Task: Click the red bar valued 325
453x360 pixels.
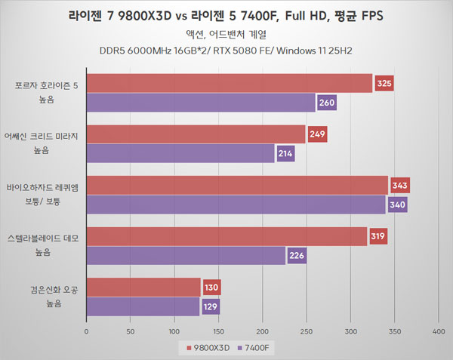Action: pyautogui.click(x=230, y=83)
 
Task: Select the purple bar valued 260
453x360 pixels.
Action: pyautogui.click(x=201, y=102)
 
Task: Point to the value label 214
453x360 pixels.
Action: pyautogui.click(x=285, y=153)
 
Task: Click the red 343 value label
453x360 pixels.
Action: pyautogui.click(x=399, y=186)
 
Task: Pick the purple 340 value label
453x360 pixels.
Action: pyautogui.click(x=397, y=205)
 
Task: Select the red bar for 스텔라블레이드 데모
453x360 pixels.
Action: pyautogui.click(x=226, y=237)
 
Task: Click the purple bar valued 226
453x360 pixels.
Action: pyautogui.click(x=186, y=256)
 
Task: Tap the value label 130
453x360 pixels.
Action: pyautogui.click(x=212, y=288)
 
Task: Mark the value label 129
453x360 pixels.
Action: pyautogui.click(x=211, y=306)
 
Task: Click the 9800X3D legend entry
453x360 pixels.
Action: pyautogui.click(x=204, y=348)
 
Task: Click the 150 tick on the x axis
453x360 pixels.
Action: pyautogui.click(x=218, y=331)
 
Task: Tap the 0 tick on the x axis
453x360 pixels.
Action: pyautogui.click(x=87, y=331)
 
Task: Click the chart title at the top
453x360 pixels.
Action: pyautogui.click(x=226, y=15)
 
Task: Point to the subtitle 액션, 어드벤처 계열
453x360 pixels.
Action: pyautogui.click(x=226, y=34)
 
